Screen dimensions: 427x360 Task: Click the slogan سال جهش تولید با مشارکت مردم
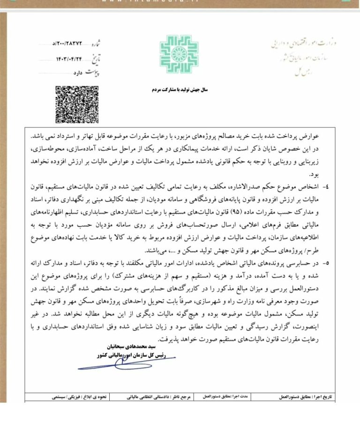click(x=179, y=89)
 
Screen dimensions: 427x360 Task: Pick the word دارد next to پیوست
click(x=77, y=73)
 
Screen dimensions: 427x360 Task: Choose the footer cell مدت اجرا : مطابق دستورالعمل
click(x=230, y=396)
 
